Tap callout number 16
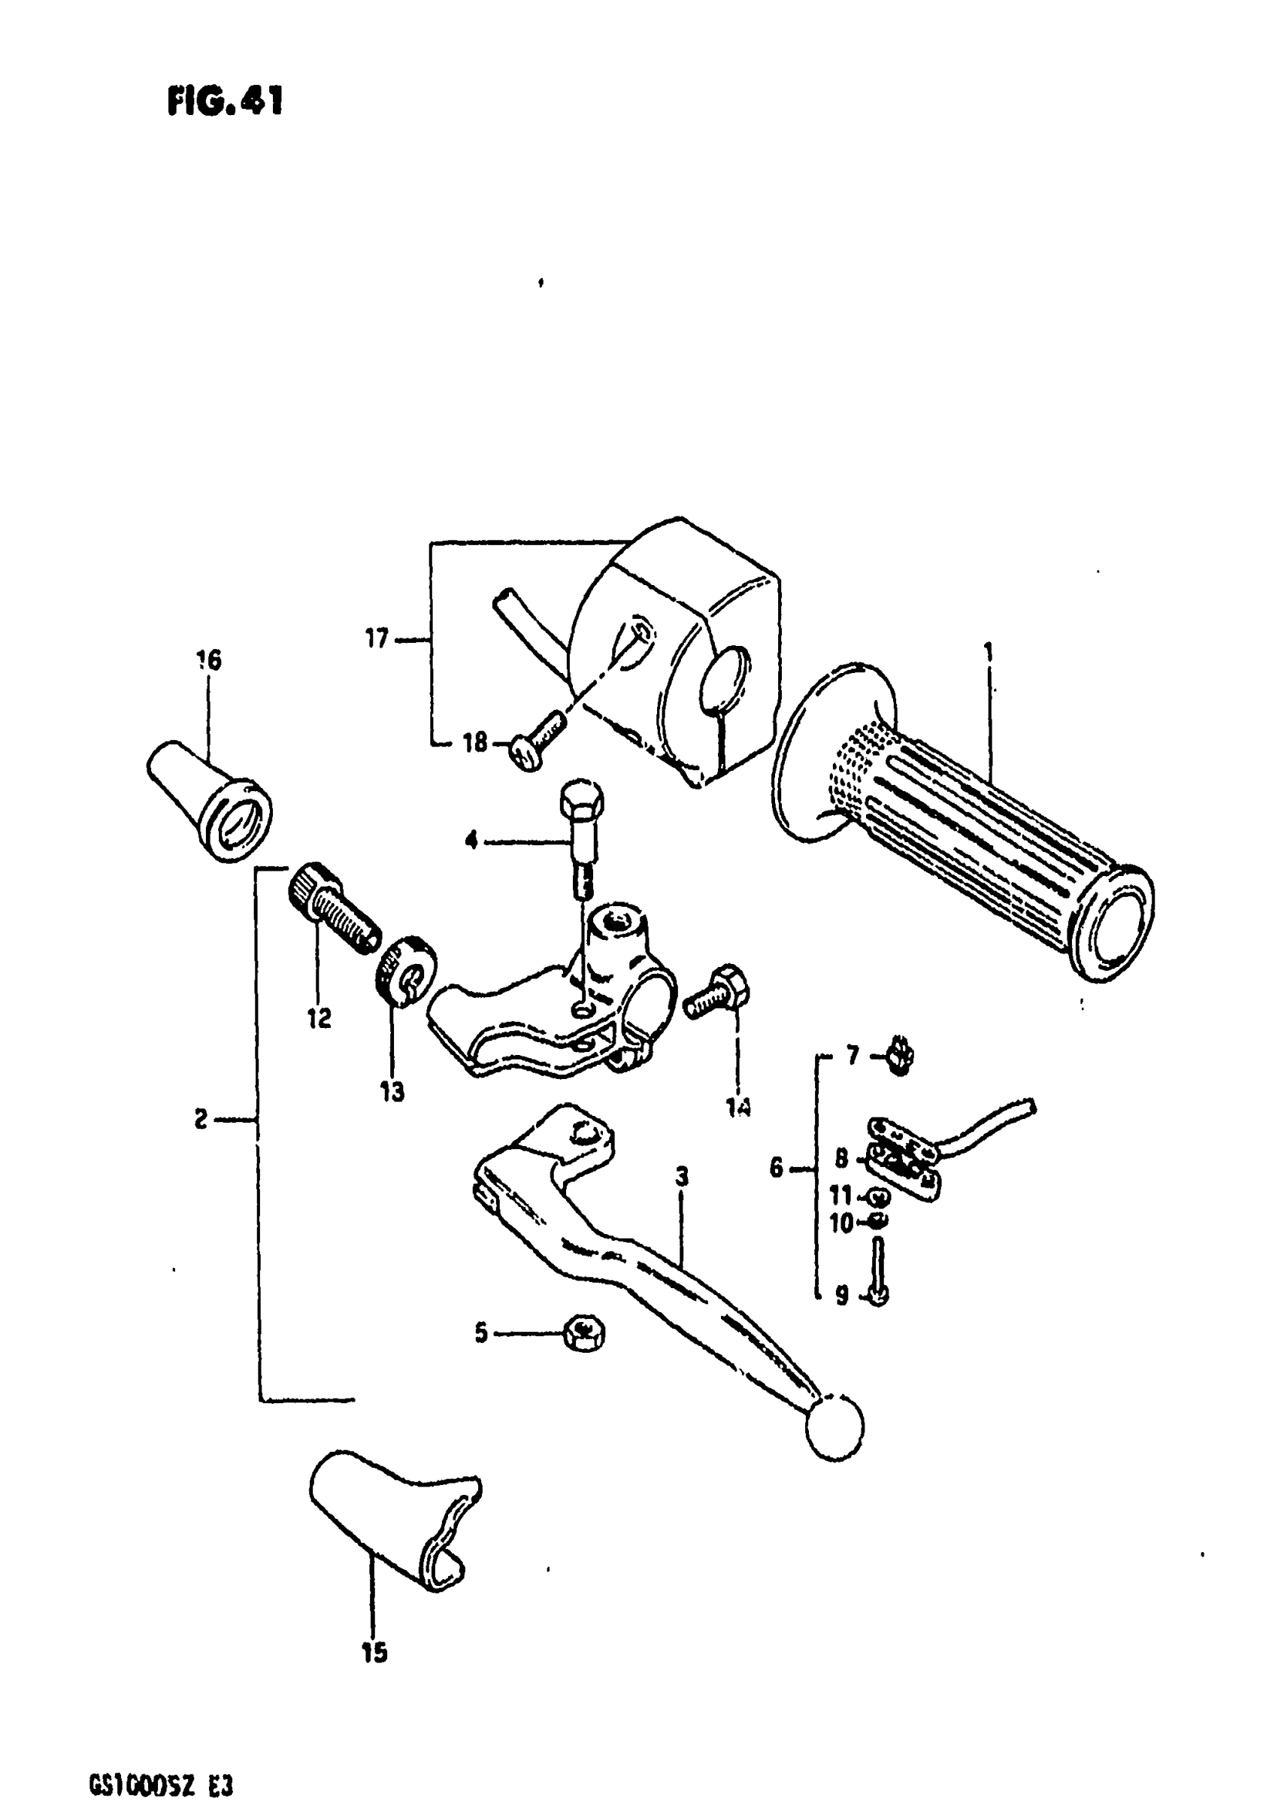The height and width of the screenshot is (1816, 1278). (209, 659)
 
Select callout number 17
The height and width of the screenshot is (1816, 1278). (377, 638)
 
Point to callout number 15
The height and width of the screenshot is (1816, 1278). (375, 1652)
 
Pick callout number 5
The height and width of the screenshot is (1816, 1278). (481, 1333)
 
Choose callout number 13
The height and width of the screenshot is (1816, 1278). (392, 1092)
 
